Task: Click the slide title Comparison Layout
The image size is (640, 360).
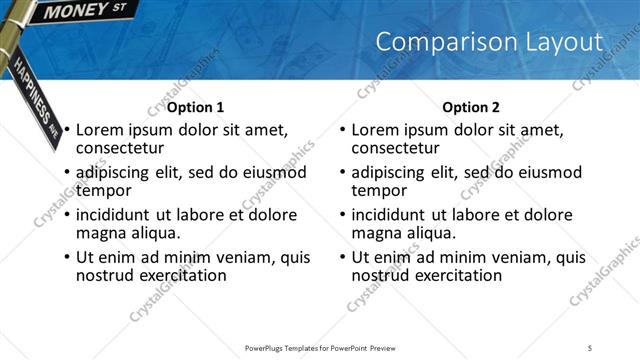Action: [x=489, y=42]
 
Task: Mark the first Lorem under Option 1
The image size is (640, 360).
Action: [x=99, y=130]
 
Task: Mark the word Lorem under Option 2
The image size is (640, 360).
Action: [x=375, y=130]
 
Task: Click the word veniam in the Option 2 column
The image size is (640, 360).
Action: [x=511, y=258]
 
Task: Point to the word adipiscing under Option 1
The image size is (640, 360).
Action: [x=116, y=172]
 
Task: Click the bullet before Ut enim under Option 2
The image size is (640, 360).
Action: [x=343, y=258]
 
